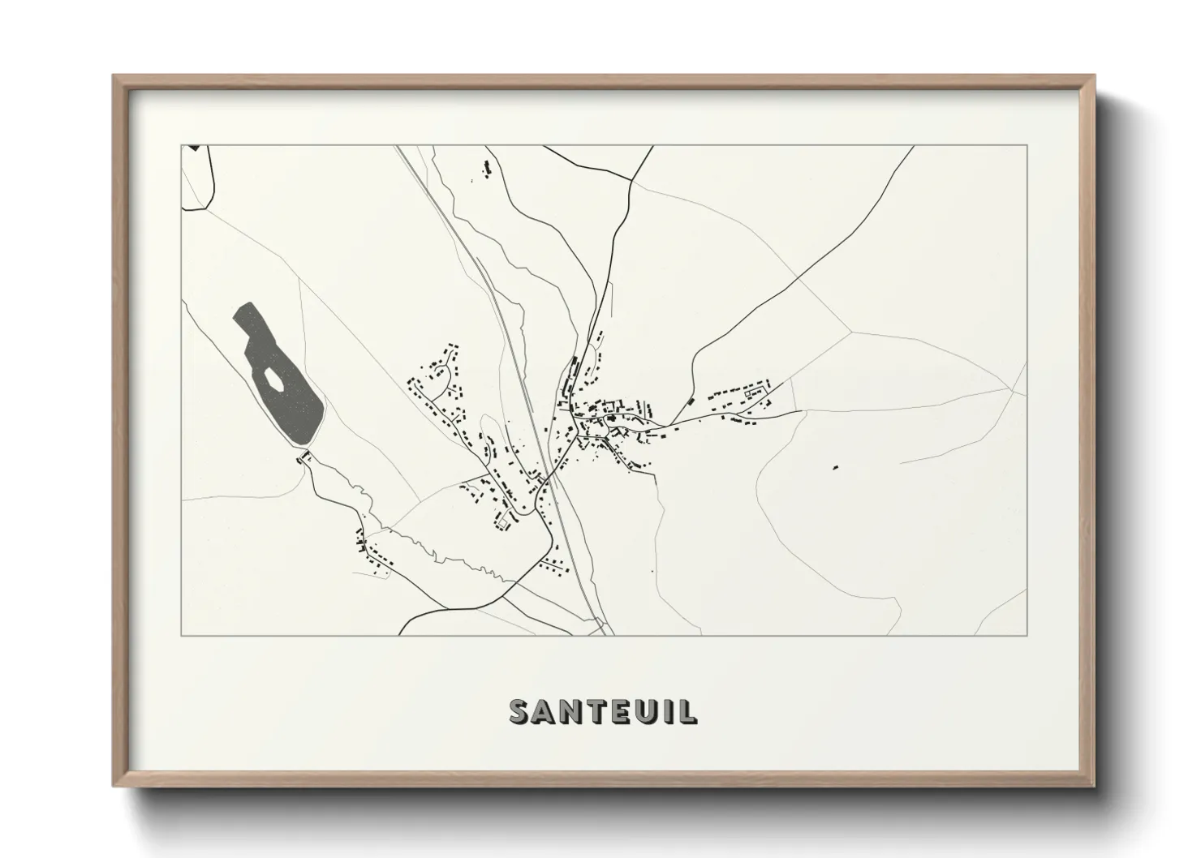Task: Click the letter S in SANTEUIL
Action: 520,711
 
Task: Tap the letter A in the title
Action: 545,711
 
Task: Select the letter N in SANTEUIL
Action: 571,711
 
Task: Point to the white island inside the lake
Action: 273,379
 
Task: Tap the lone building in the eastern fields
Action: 834,466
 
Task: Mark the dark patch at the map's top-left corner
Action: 193,148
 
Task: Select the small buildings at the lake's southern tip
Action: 306,458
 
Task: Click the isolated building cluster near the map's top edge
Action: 488,168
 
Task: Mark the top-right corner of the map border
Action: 1027,145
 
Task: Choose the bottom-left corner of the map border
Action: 182,635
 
